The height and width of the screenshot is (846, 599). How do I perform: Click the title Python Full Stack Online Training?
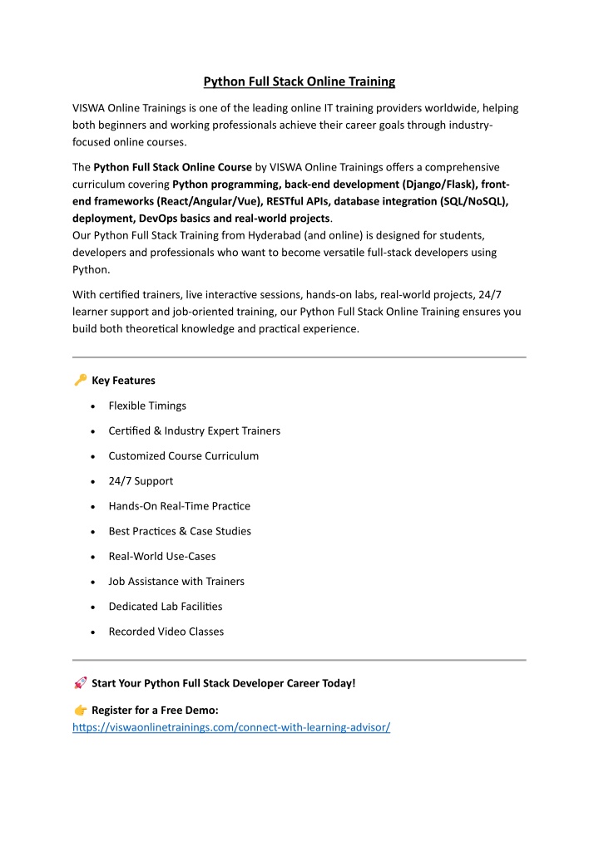click(299, 81)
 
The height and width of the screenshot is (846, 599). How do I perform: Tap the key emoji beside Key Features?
click(80, 380)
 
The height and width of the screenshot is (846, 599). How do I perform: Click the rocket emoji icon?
click(80, 682)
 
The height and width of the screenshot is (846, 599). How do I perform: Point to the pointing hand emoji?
click(80, 710)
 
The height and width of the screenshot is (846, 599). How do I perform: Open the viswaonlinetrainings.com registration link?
click(231, 727)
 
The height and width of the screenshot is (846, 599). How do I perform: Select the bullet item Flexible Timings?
click(147, 406)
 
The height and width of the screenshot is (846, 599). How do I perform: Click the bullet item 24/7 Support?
click(141, 481)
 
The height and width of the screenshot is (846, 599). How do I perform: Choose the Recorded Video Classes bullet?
click(166, 632)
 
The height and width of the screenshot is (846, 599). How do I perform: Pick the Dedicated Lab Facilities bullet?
click(165, 607)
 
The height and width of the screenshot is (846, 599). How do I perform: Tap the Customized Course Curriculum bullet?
click(183, 455)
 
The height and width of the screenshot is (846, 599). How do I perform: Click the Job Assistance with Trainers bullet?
click(176, 582)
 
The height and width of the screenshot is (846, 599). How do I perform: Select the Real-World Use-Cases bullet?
click(162, 556)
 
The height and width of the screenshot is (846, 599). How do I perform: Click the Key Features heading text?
click(123, 381)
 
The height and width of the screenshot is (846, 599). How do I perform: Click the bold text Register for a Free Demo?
click(155, 710)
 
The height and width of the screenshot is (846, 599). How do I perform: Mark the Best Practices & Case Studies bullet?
click(180, 531)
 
